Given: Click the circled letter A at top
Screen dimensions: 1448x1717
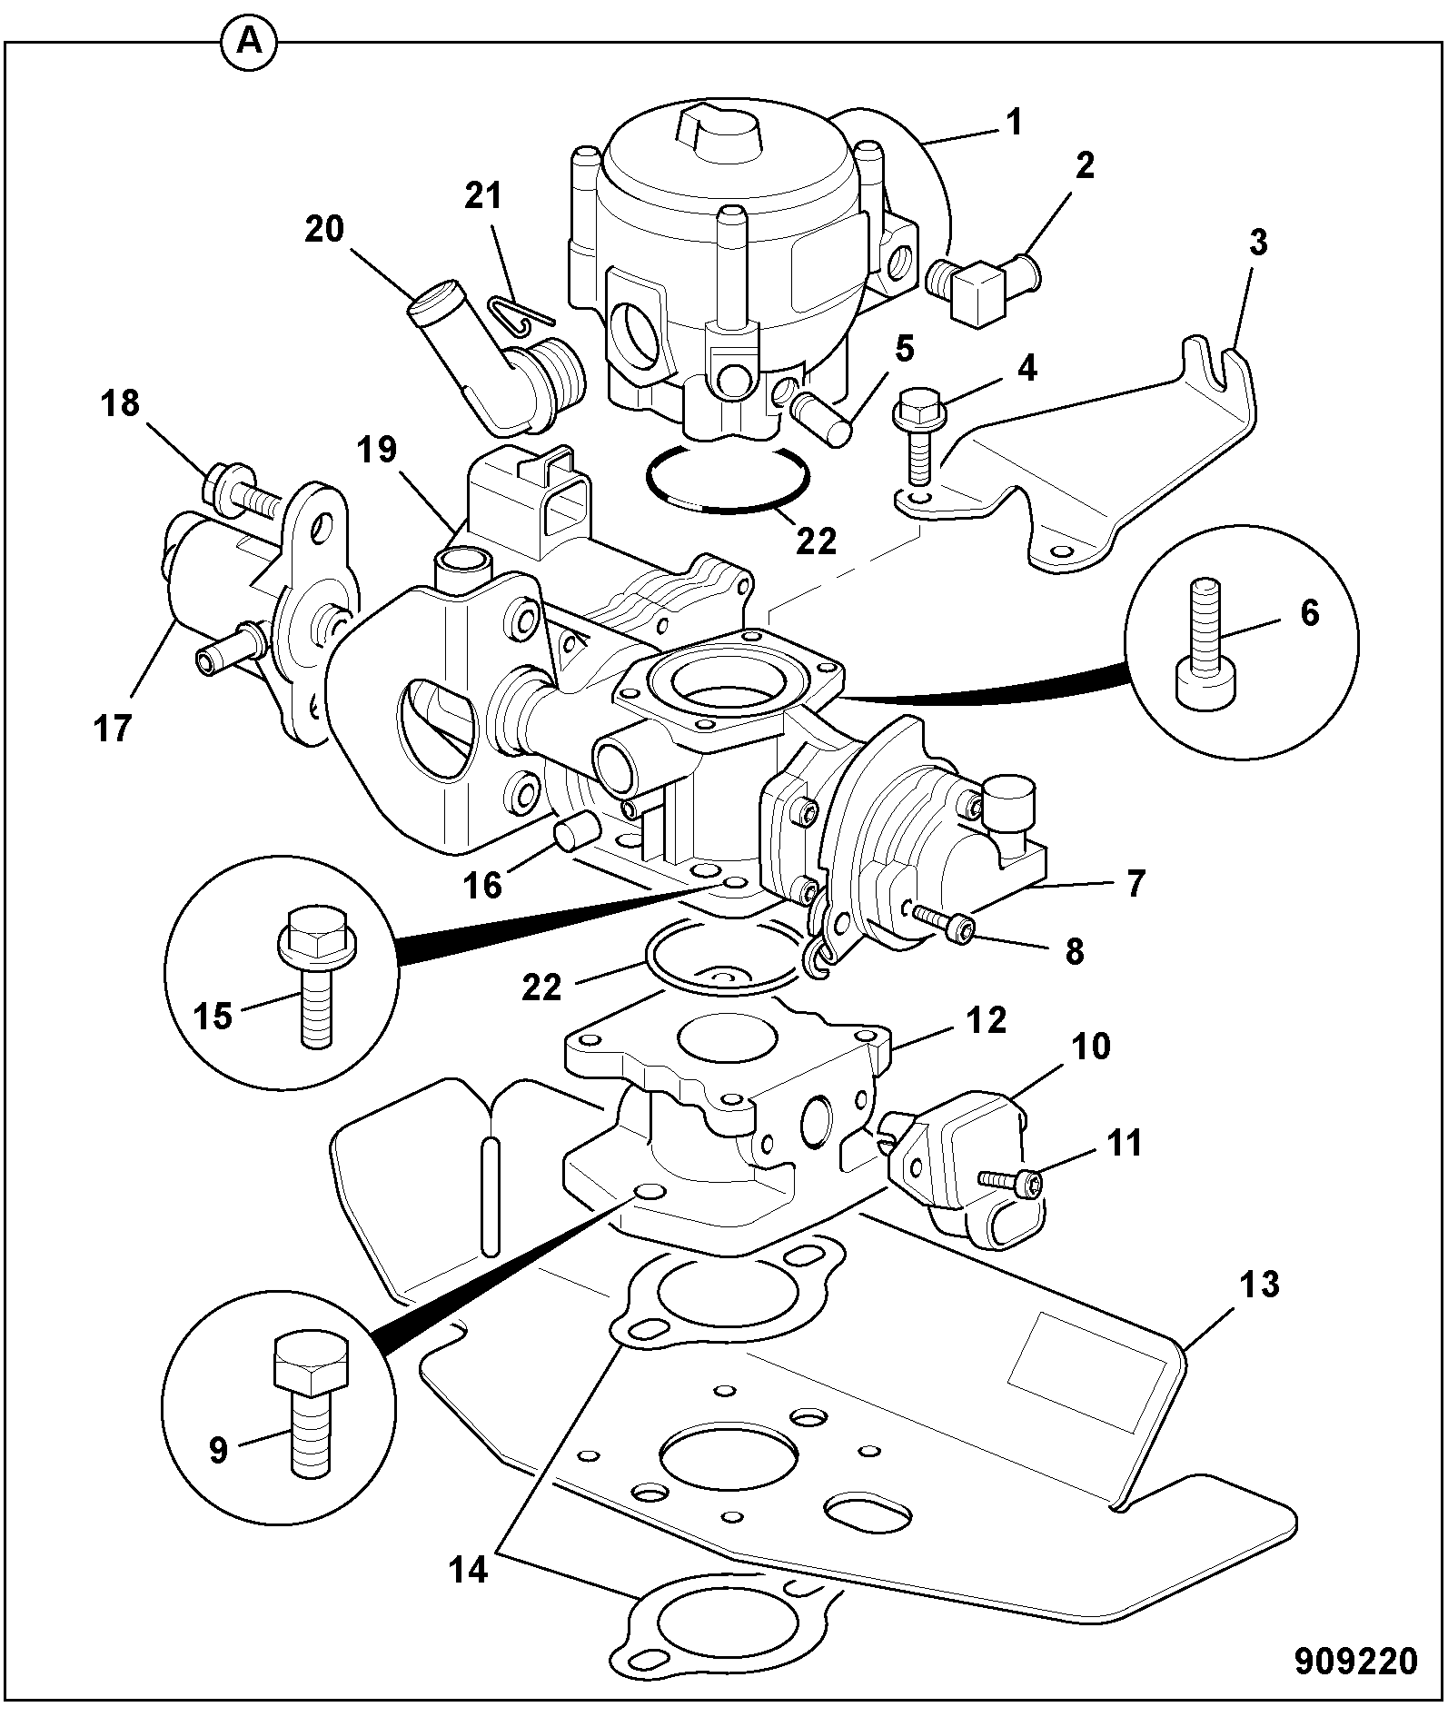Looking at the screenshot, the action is [248, 43].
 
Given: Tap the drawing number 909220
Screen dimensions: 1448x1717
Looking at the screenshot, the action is [1355, 1660].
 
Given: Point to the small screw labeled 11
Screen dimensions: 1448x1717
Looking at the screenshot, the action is [1010, 1180].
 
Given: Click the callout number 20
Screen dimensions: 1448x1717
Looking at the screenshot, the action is [324, 229].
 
